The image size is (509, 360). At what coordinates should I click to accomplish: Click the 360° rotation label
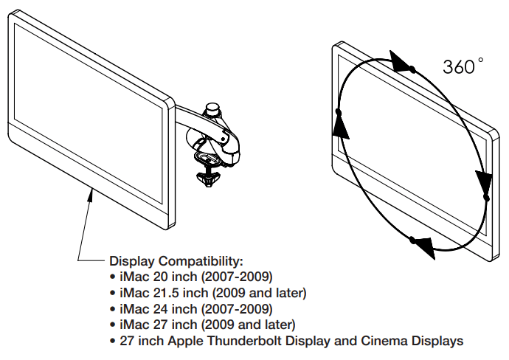pyautogui.click(x=463, y=66)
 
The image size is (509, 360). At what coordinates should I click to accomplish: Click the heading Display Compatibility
pyautogui.click(x=176, y=261)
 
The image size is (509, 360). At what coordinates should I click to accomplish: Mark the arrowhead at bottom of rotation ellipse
pyautogui.click(x=421, y=246)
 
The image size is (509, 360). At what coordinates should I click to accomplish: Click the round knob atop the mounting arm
pyautogui.click(x=214, y=108)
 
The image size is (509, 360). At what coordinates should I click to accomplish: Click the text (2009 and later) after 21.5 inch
pyautogui.click(x=263, y=293)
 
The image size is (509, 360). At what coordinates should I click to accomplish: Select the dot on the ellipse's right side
pyautogui.click(x=486, y=198)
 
